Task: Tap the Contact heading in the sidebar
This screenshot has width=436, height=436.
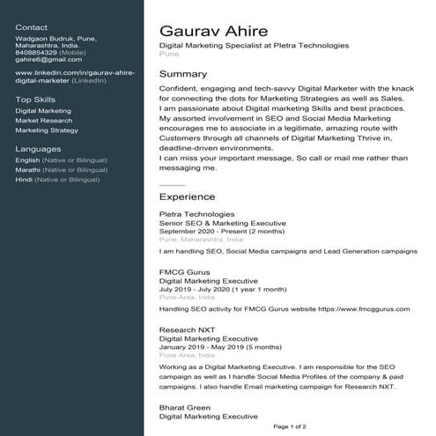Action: [x=32, y=28]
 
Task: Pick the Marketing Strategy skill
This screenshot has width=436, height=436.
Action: [x=47, y=130]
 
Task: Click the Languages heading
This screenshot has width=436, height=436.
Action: [x=38, y=149]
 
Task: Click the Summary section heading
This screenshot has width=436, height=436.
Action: [x=182, y=74]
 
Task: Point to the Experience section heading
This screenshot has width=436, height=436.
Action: [x=187, y=197]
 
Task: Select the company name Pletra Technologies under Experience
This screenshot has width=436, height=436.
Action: [x=196, y=214]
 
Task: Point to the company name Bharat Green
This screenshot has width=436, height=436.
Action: [x=185, y=408]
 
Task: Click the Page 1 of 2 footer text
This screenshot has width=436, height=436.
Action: [x=290, y=426]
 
